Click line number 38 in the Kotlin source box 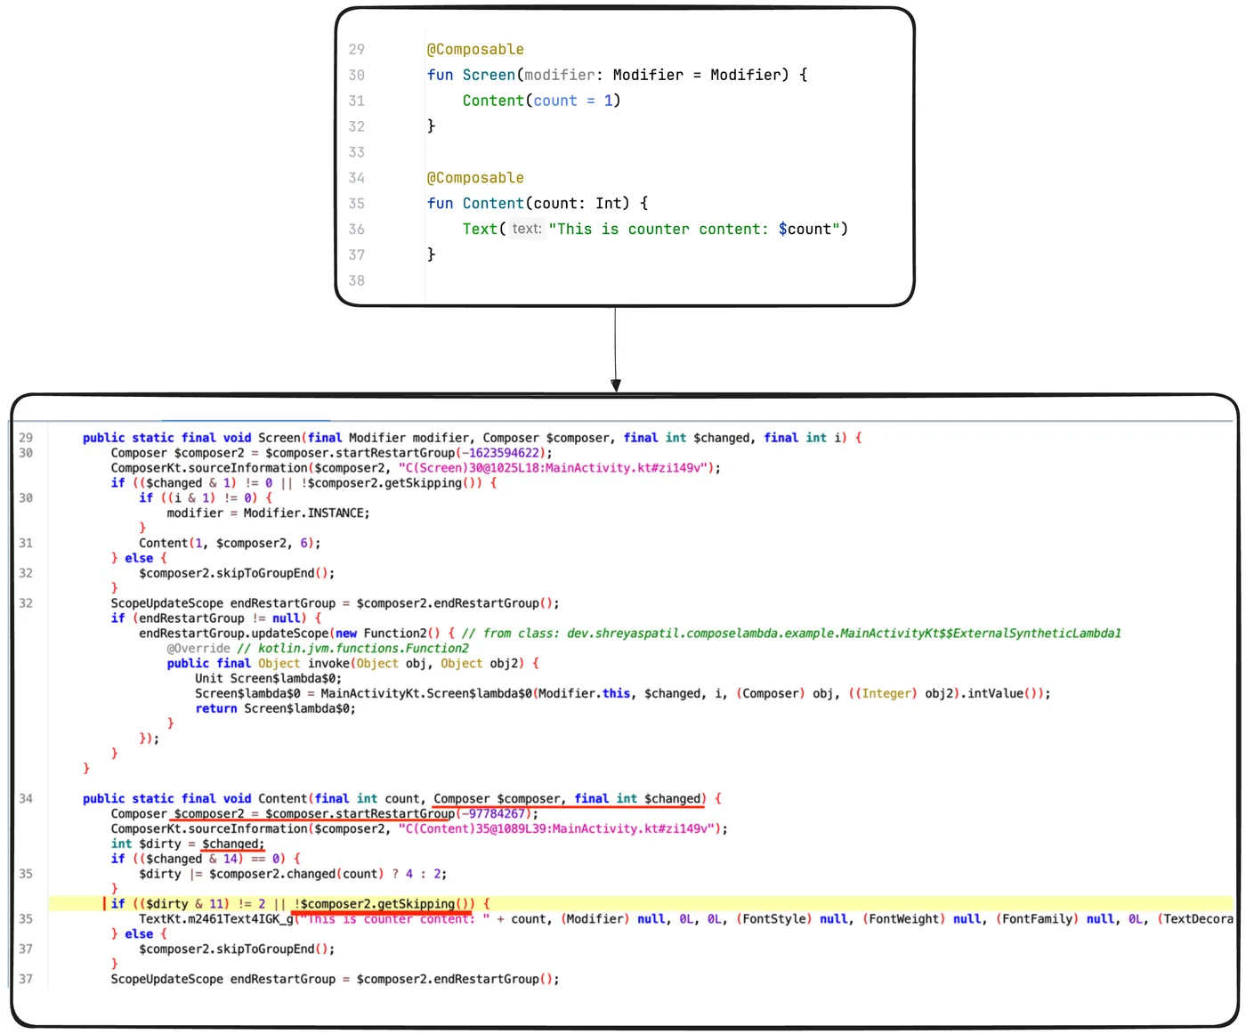pos(356,280)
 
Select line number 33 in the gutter pos(356,152)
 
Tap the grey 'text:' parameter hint pos(526,229)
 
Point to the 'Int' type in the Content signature pos(608,203)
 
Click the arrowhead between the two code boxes pos(615,384)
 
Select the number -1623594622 pos(504,453)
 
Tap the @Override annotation pos(198,649)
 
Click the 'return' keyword pos(216,708)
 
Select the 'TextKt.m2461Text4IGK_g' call pos(216,919)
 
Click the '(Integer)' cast pos(886,693)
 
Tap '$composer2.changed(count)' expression pos(296,874)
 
